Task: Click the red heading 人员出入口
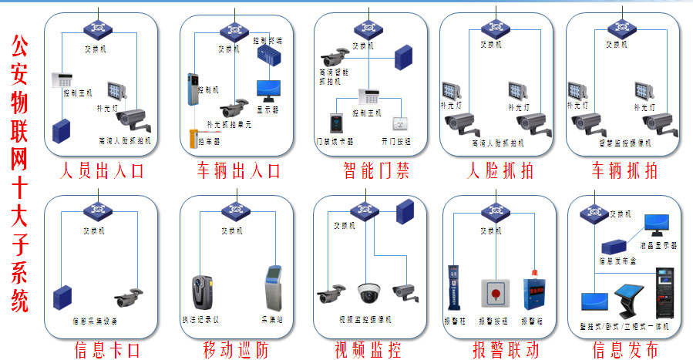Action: pyautogui.click(x=101, y=170)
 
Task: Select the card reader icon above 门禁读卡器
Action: pyautogui.click(x=336, y=123)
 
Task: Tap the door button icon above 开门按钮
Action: pyautogui.click(x=399, y=123)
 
